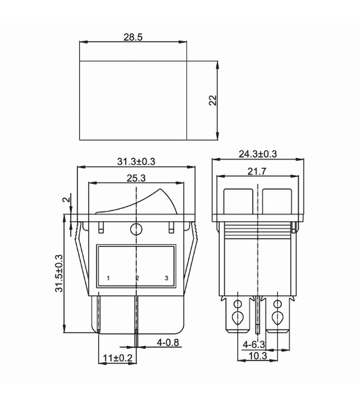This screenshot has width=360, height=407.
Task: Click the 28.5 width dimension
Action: [133, 37]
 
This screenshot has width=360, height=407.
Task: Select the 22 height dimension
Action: [213, 100]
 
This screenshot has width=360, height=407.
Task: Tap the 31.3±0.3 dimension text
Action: [136, 161]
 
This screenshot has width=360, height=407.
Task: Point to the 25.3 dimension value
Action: [136, 178]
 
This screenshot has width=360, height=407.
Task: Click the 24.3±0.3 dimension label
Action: [258, 154]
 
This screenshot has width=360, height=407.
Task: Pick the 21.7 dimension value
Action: [257, 172]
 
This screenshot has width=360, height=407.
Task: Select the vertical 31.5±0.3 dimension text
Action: [59, 273]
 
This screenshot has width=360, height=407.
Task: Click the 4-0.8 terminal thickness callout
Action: [168, 343]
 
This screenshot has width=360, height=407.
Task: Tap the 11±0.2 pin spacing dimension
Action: [117, 358]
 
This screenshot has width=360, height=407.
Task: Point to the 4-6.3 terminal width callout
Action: [254, 345]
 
